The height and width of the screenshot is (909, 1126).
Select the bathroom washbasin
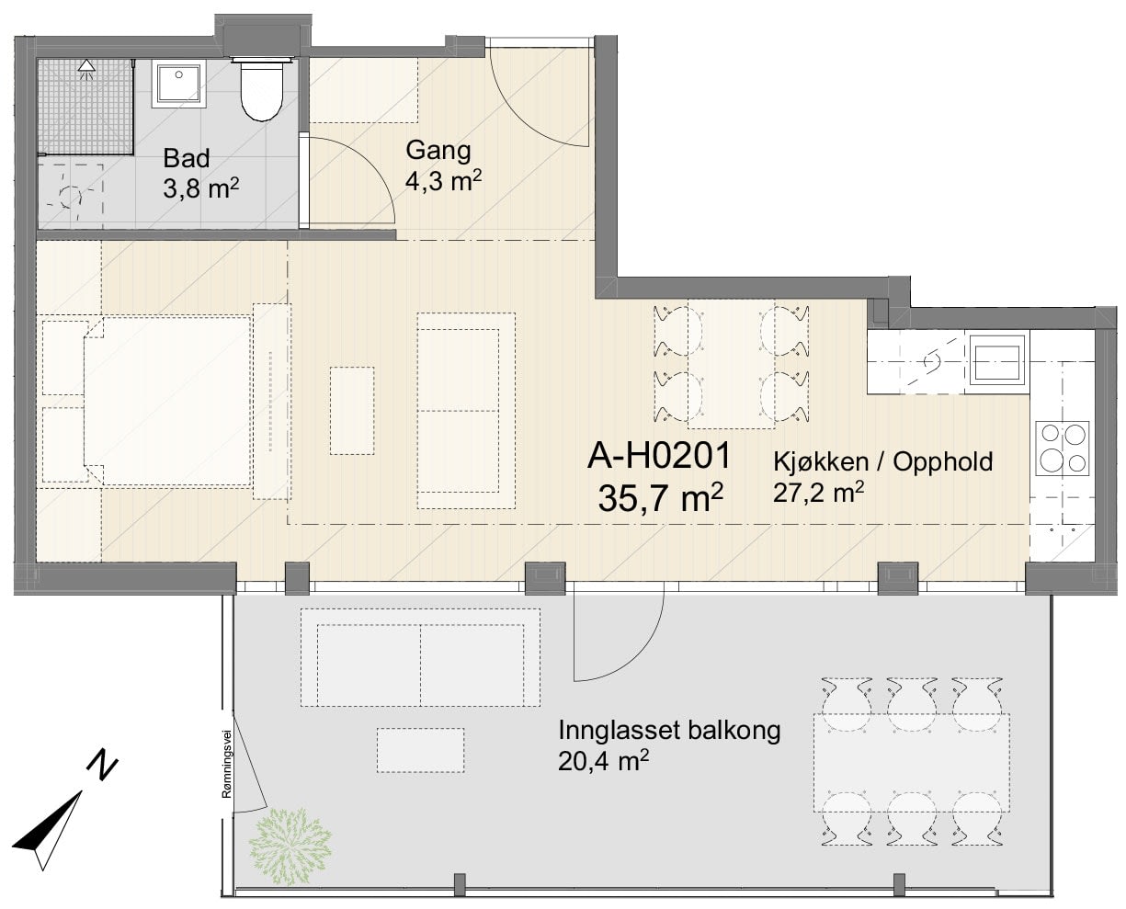[x=178, y=84]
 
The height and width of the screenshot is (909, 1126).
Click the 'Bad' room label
[x=186, y=158]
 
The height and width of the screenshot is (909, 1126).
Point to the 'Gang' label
[x=438, y=151]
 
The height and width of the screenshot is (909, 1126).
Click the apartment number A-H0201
[x=659, y=456]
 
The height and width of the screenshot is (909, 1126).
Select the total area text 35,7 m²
[x=660, y=498]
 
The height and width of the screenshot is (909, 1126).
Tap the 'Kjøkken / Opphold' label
[x=882, y=461]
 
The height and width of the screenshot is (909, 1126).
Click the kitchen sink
[x=997, y=362]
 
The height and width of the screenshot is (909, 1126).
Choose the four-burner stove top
[x=1062, y=449]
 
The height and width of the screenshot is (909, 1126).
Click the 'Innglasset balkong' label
[x=669, y=731]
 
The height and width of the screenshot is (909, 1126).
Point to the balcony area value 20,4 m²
[x=603, y=762]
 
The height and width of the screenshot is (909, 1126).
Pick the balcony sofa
[x=421, y=658]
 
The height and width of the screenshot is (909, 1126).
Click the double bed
[x=167, y=401]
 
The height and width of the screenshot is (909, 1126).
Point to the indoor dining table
[x=731, y=364]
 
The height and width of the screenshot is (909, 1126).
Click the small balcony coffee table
[x=421, y=750]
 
